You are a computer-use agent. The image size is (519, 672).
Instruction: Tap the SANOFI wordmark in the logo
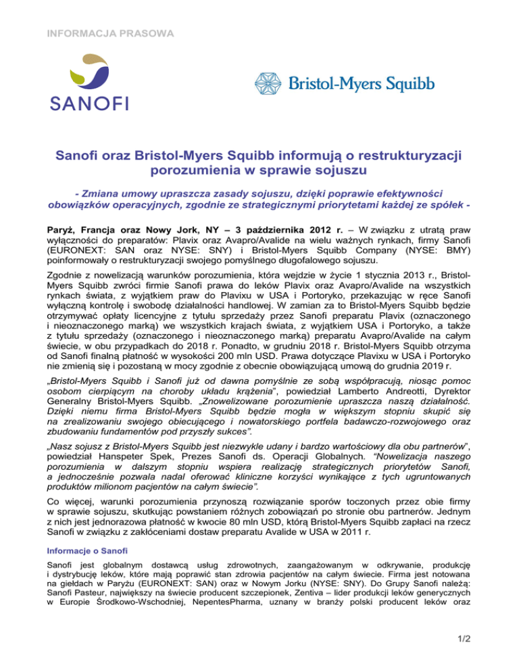coord(91,103)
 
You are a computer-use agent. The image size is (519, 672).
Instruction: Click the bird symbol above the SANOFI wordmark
coord(91,70)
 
